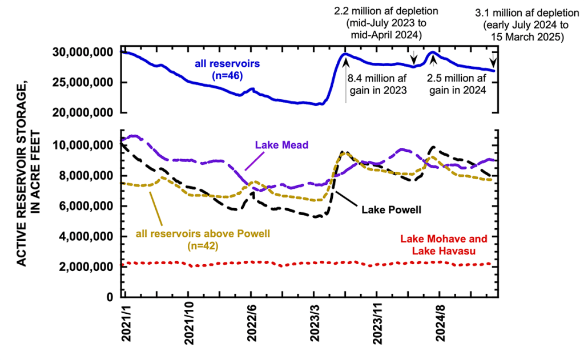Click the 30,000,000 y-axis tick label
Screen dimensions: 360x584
tap(81, 52)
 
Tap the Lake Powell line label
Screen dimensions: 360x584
tap(392, 209)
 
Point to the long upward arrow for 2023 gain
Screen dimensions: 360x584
tap(345, 80)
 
